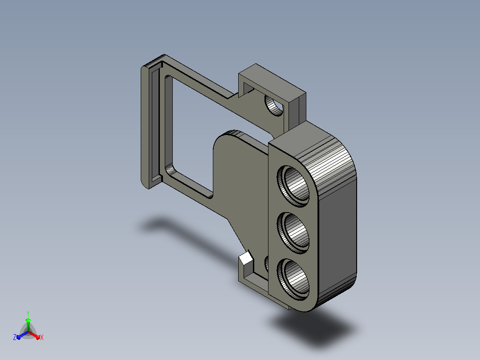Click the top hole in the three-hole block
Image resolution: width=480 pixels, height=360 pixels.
[293, 186]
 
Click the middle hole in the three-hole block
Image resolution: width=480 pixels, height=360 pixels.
[293, 233]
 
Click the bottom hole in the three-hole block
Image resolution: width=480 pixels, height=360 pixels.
[293, 279]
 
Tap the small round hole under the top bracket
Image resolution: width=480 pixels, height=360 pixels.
[274, 106]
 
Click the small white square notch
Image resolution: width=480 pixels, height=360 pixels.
[246, 258]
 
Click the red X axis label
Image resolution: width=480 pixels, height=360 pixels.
[42, 337]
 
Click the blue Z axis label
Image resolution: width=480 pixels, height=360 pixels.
[14, 337]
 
